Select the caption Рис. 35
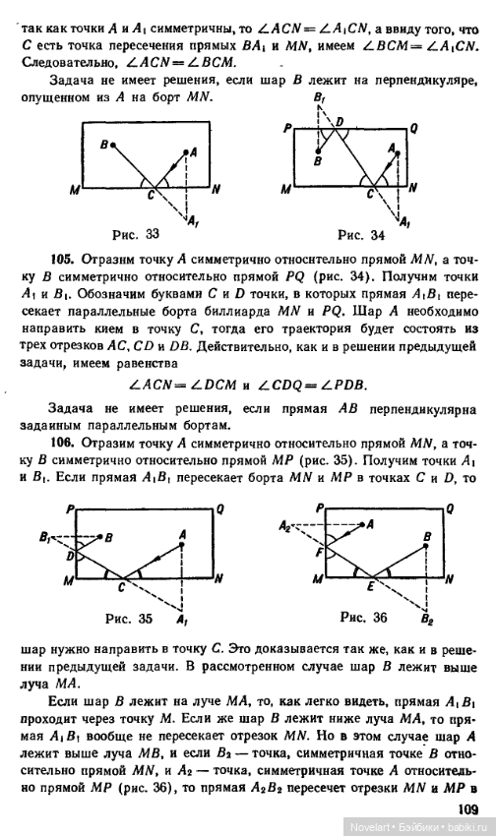pos(131,620)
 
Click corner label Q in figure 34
pos(413,128)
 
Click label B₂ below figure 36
pos(425,622)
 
